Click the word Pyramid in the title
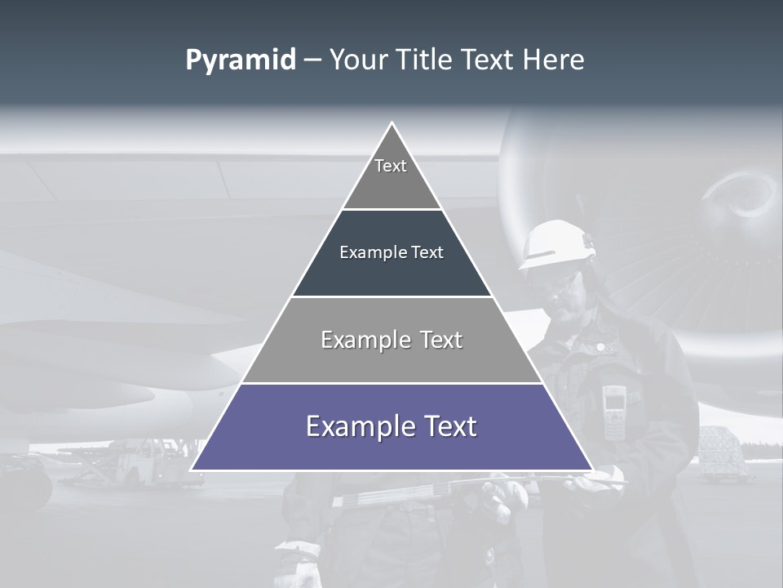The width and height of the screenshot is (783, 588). click(240, 60)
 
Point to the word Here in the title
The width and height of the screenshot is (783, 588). click(553, 60)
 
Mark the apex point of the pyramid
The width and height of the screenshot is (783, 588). click(391, 123)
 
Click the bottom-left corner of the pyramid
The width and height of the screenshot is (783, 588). click(192, 469)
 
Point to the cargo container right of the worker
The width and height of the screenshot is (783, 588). click(723, 451)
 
